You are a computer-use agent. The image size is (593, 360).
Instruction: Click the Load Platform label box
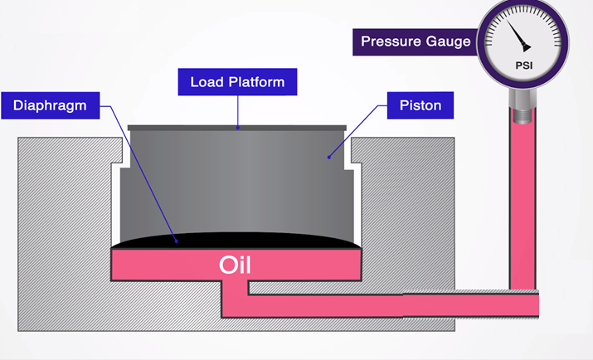[x=237, y=82]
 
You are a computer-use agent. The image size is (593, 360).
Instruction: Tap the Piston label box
[x=420, y=105]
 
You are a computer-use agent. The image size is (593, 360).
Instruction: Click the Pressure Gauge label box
[x=416, y=41]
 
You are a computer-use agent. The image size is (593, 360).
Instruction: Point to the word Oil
[x=236, y=265]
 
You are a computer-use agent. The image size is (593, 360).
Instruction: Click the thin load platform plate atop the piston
[x=237, y=128]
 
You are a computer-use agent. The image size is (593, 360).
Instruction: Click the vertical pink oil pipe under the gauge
[x=523, y=207]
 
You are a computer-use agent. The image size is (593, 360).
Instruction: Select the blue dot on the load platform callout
[x=238, y=127]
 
